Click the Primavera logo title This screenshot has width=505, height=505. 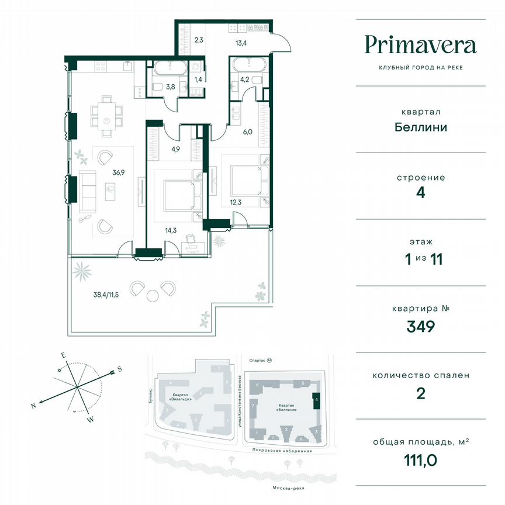pyautogui.click(x=420, y=45)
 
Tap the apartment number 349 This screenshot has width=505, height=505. pyautogui.click(x=420, y=326)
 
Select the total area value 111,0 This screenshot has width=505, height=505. pyautogui.click(x=420, y=462)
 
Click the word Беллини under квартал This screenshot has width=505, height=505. pyautogui.click(x=420, y=127)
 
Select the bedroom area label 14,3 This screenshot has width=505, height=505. pyautogui.click(x=171, y=230)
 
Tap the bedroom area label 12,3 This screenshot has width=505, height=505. pyautogui.click(x=236, y=202)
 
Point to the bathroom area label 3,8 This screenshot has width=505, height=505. pyautogui.click(x=171, y=88)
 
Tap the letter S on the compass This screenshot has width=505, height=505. pyautogui.click(x=119, y=369)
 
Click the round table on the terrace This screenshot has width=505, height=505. pyautogui.click(x=153, y=295)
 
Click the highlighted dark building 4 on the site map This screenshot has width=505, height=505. pyautogui.click(x=316, y=400)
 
